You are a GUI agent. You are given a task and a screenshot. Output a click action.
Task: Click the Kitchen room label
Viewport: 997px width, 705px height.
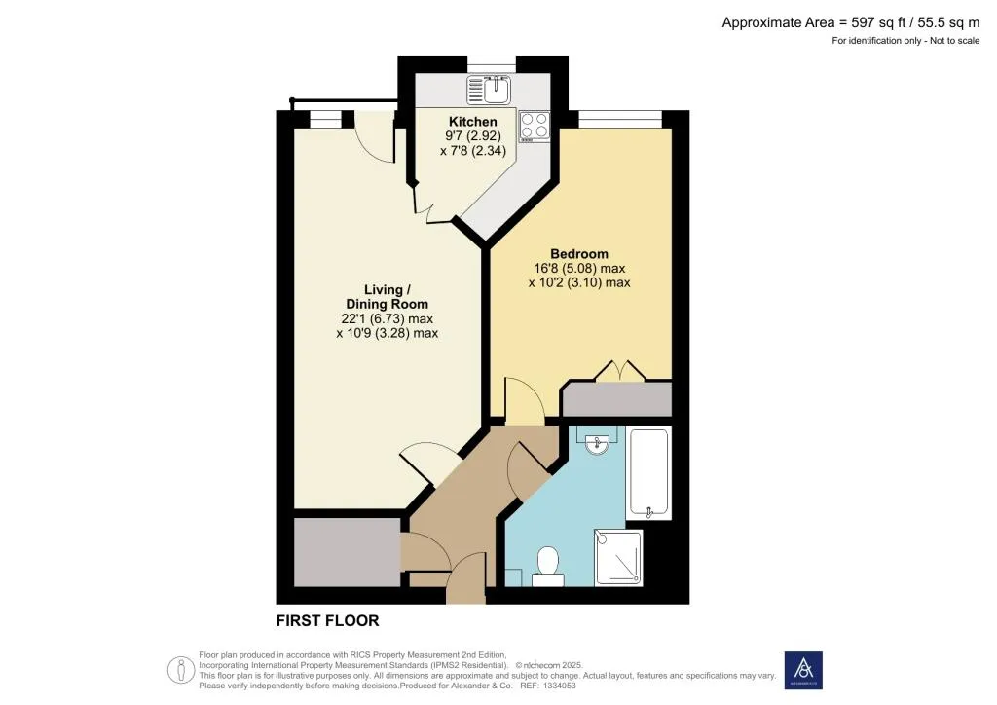[472, 122]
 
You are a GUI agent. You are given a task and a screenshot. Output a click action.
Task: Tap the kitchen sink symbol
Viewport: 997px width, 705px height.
[489, 89]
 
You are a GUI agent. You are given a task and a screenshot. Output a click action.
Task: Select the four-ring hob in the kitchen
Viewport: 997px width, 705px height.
[535, 126]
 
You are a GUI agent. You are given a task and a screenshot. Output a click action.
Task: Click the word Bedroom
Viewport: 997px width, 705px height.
[579, 253]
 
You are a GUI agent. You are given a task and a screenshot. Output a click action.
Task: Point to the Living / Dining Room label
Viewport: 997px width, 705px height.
[387, 297]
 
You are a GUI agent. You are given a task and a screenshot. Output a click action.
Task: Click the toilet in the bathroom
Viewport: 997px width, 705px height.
[547, 567]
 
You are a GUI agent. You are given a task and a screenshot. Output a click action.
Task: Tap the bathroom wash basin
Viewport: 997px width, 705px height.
[597, 440]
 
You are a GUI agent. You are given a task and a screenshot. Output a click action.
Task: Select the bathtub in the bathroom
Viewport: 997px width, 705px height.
[648, 472]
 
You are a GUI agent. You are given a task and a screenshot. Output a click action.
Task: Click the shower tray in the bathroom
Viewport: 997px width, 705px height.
[618, 558]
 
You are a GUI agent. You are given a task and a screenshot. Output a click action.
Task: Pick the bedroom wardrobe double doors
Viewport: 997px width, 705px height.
[620, 372]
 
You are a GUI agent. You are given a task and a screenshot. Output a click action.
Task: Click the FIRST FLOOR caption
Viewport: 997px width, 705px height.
[327, 620]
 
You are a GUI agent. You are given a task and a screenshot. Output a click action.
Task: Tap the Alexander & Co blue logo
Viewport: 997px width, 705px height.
[803, 670]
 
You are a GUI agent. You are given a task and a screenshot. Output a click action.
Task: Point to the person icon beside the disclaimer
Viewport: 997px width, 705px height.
[180, 670]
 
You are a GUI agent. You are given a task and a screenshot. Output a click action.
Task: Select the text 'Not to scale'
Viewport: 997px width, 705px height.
[954, 41]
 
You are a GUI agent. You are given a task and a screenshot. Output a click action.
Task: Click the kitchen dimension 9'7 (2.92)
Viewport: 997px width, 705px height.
[473, 136]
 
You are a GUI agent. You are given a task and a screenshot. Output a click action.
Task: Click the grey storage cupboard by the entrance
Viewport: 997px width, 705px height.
[348, 552]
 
